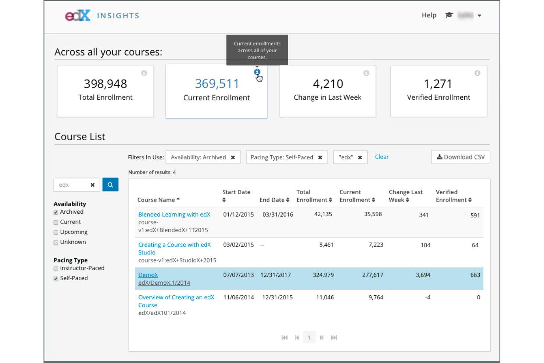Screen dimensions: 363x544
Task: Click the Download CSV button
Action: [x=461, y=157]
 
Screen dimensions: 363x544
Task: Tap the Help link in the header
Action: [x=429, y=15]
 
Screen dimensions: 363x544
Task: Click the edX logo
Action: [x=78, y=15]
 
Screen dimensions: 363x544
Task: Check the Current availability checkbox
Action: [x=56, y=223]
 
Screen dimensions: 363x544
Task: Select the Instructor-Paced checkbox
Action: [x=56, y=269]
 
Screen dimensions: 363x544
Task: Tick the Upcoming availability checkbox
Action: [x=56, y=232]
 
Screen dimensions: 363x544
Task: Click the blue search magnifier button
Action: [x=110, y=185]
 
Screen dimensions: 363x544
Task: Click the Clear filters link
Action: [x=382, y=157]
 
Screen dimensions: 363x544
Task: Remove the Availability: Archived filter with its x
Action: [x=233, y=157]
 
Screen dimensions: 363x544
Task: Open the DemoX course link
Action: [x=148, y=275]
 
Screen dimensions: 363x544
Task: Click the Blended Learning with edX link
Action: [x=174, y=214]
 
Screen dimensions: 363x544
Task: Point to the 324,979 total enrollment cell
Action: [x=323, y=275]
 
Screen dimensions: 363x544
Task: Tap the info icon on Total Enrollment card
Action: [x=144, y=73]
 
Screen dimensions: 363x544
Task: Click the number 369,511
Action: [x=216, y=84]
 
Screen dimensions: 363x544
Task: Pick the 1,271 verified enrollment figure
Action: [x=438, y=84]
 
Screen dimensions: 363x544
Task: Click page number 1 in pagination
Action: [x=309, y=338]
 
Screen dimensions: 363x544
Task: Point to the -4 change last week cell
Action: [x=427, y=297]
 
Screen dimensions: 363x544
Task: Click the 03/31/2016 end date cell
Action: [x=278, y=214]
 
